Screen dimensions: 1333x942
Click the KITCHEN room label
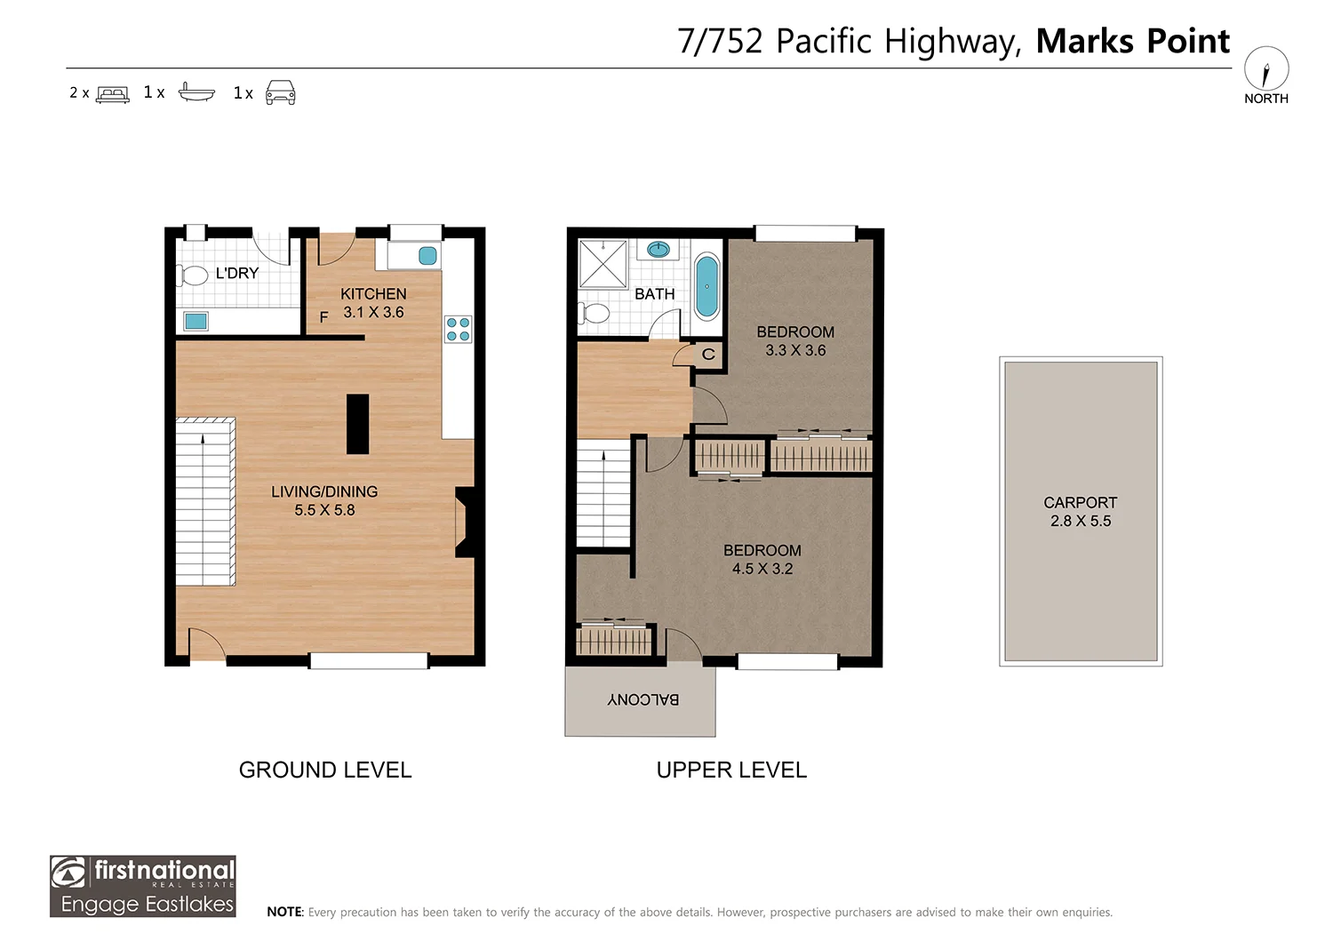(x=373, y=294)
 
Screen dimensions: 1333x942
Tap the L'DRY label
(x=237, y=273)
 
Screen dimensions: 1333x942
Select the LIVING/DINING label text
(x=324, y=491)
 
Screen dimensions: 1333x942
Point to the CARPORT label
(x=1080, y=502)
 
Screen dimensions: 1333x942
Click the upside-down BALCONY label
(x=643, y=699)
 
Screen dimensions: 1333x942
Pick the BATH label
(x=655, y=294)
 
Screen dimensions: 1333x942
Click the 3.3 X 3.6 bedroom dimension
(x=795, y=350)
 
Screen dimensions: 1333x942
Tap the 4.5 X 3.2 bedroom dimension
(x=762, y=569)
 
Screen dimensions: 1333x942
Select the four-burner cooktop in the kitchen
(x=459, y=329)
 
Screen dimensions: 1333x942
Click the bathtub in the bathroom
(x=707, y=286)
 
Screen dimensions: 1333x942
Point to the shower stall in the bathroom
(x=603, y=264)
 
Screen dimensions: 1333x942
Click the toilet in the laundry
(x=192, y=275)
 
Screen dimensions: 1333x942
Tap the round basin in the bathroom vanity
(x=659, y=249)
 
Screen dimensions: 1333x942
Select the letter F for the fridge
(x=323, y=317)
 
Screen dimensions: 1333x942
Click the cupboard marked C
(x=708, y=355)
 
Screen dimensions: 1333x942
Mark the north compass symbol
(x=1266, y=69)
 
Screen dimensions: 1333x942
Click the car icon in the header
(x=280, y=92)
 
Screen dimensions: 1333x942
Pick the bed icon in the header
(x=113, y=94)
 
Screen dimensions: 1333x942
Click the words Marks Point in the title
(x=1132, y=41)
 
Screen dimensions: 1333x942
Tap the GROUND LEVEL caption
(x=325, y=770)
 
